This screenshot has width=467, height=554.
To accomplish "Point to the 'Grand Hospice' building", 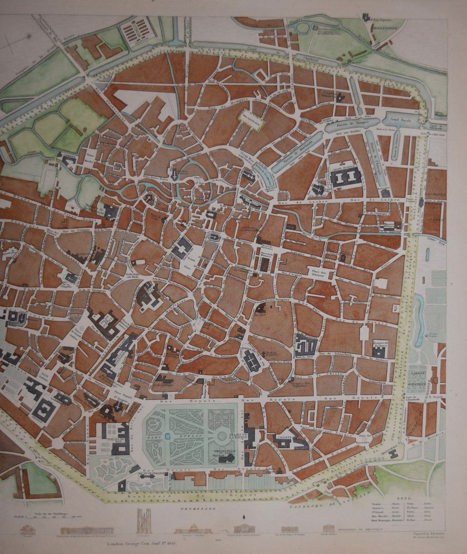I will tap(345, 177).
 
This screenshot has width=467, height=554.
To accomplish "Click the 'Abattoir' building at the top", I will tap(136, 32).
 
